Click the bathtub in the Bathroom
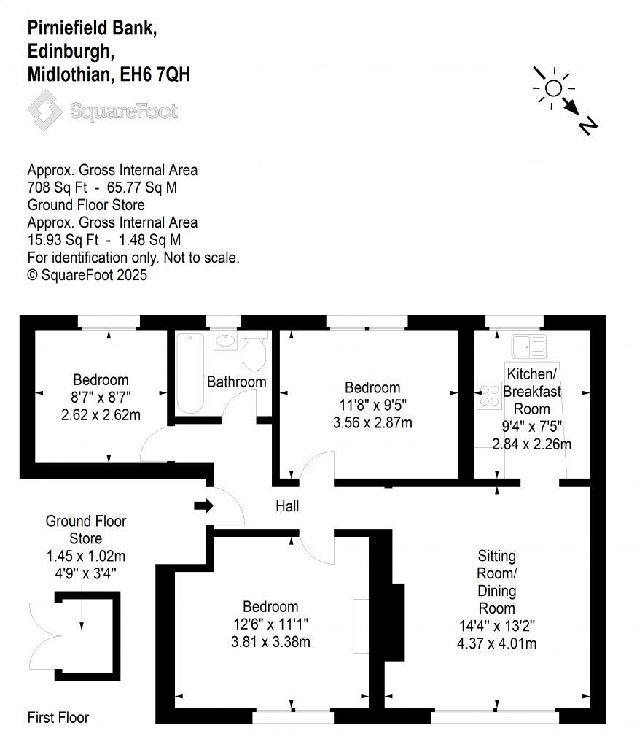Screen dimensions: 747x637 point(190,373)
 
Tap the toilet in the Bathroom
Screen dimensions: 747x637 point(254,354)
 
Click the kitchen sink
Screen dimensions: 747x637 point(528,346)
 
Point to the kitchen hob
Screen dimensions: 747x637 point(486,395)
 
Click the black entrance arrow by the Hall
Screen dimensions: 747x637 point(203,506)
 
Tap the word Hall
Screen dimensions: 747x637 point(286,506)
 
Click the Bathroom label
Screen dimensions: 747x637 point(237,382)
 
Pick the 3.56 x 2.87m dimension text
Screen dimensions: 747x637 point(372,422)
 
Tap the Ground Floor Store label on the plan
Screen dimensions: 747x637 point(86,530)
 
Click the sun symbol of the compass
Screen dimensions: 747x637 point(553,88)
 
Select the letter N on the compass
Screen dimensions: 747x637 point(588,125)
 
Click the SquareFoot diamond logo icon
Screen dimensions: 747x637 point(45,110)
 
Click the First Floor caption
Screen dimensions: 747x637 point(58,717)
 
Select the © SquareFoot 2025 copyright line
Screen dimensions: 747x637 point(87,275)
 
